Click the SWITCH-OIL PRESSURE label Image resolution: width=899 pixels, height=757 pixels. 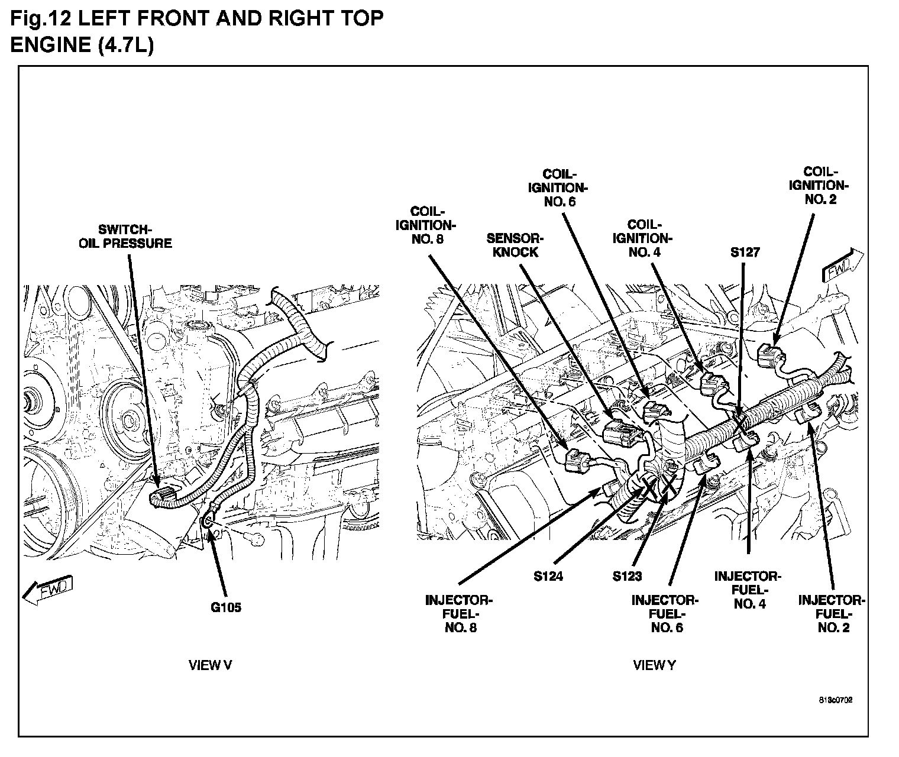(125, 236)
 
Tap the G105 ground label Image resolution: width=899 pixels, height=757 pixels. (226, 607)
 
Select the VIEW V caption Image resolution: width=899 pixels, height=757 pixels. (210, 665)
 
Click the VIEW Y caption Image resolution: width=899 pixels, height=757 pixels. (654, 665)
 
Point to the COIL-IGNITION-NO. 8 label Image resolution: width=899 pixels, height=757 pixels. (426, 225)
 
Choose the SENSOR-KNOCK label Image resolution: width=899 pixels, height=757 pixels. (512, 245)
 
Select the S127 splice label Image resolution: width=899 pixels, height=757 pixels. (745, 253)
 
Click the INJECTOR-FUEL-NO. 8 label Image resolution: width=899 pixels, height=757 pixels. (459, 614)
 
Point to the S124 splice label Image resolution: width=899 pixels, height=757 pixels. (548, 575)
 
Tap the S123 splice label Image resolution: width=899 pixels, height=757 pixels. (627, 575)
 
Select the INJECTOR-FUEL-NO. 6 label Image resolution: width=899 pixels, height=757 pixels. (665, 614)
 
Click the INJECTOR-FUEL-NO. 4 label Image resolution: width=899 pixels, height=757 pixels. (748, 590)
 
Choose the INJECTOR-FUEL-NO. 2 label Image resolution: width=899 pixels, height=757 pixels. (832, 614)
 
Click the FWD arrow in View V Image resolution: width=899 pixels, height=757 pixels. (48, 589)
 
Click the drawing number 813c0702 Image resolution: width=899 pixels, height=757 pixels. (836, 700)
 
